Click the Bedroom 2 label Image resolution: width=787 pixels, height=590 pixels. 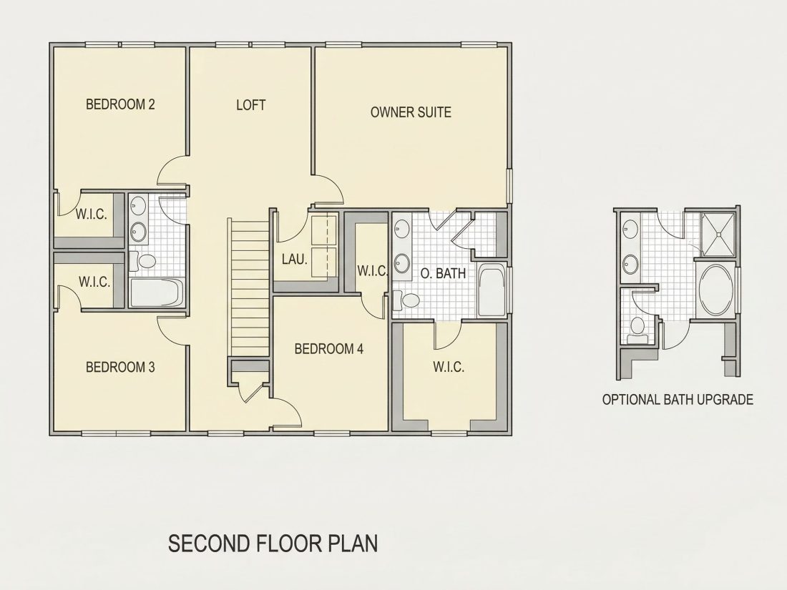click(120, 104)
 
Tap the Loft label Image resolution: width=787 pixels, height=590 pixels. click(251, 105)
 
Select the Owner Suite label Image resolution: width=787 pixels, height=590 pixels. click(411, 112)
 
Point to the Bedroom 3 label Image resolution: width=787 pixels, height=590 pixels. click(120, 368)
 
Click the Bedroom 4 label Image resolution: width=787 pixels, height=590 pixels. click(329, 349)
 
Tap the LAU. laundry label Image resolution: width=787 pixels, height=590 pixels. click(295, 260)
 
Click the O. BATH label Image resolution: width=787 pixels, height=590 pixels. click(443, 273)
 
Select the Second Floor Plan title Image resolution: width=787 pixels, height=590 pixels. click(273, 544)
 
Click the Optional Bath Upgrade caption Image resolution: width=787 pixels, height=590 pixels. click(678, 399)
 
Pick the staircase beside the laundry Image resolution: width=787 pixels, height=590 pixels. click(248, 287)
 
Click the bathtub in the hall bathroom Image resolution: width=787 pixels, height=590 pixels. click(157, 293)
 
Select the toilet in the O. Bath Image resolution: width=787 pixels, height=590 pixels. click(406, 301)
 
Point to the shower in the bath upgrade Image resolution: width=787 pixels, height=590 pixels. click(718, 235)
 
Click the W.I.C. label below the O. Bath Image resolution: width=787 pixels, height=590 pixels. click(449, 367)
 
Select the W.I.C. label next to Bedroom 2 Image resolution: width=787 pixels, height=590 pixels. click(92, 215)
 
